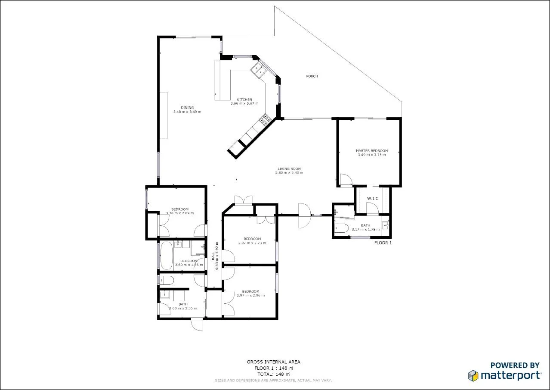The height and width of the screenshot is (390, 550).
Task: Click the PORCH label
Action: pyautogui.click(x=312, y=76)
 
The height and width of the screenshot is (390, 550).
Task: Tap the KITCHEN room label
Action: pyautogui.click(x=244, y=100)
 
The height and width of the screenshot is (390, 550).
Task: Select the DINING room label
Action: pyautogui.click(x=187, y=108)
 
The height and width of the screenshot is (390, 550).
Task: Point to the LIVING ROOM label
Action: pyautogui.click(x=289, y=168)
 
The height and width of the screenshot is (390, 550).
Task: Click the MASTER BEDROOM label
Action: pyautogui.click(x=371, y=151)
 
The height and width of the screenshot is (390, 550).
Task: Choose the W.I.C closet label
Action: pyautogui.click(x=372, y=198)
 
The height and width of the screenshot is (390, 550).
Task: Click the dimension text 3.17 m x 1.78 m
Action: pyautogui.click(x=365, y=229)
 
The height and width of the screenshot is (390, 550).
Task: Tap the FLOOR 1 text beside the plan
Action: pyautogui.click(x=383, y=243)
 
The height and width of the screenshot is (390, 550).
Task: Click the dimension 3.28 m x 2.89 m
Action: pyautogui.click(x=179, y=213)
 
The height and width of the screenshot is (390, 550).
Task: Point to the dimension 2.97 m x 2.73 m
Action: pyautogui.click(x=252, y=243)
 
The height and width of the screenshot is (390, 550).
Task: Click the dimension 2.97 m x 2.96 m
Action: pyautogui.click(x=250, y=295)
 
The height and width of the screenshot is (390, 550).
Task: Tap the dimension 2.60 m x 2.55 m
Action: pyautogui.click(x=183, y=308)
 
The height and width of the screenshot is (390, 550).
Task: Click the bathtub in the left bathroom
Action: pyautogui.click(x=166, y=256)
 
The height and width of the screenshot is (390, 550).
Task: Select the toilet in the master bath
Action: pyautogui.click(x=343, y=228)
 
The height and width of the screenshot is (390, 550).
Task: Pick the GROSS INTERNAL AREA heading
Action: pyautogui.click(x=273, y=362)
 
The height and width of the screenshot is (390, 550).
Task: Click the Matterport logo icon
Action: pyautogui.click(x=473, y=375)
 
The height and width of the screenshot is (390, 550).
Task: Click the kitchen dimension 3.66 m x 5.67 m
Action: pyautogui.click(x=244, y=103)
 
